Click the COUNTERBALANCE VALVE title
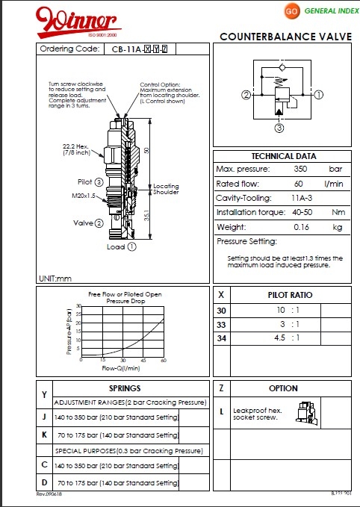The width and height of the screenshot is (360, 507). [x=286, y=37]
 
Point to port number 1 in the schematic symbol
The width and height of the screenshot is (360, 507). [x=318, y=95]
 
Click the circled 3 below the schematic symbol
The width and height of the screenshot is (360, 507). [x=279, y=128]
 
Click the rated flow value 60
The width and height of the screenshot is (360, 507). [x=299, y=184]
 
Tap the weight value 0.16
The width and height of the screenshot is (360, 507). [x=302, y=227]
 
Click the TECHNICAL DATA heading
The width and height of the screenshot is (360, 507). [x=283, y=156]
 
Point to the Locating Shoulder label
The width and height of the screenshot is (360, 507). [x=167, y=189]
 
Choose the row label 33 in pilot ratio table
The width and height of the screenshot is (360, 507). [x=220, y=324]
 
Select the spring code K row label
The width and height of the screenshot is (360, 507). [x=45, y=434]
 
